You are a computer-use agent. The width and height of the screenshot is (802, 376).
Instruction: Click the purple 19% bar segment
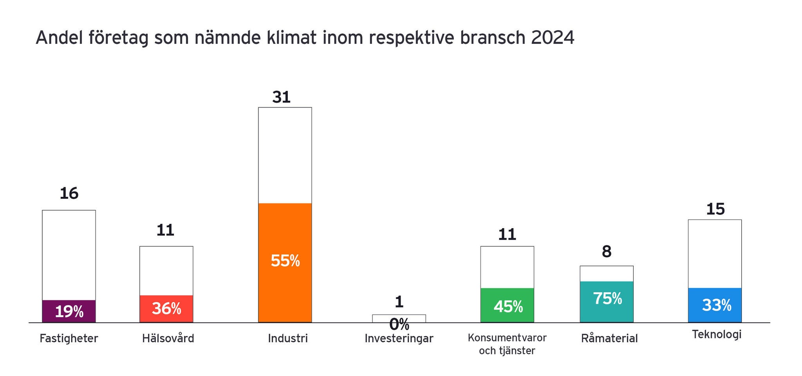(69, 311)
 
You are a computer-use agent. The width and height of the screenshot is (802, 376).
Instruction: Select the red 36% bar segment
(166, 309)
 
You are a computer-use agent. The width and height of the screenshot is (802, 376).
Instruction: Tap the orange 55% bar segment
(285, 263)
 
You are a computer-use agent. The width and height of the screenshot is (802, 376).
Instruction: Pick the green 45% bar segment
(507, 305)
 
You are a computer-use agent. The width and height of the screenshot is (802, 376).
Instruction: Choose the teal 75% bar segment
(607, 302)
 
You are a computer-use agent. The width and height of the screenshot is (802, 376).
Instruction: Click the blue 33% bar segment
(715, 305)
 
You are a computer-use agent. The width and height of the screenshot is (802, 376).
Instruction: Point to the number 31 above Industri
(282, 97)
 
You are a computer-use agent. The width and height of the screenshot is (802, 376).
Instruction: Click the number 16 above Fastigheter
(69, 194)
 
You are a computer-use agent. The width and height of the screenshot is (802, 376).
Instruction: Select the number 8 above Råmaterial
(607, 252)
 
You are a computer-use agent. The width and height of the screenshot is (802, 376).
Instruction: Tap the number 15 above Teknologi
(715, 209)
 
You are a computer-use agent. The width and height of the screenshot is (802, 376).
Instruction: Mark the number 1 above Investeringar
(399, 302)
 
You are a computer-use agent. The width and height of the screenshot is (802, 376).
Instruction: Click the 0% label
(399, 325)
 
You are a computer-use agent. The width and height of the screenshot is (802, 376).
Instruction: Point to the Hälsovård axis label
(168, 338)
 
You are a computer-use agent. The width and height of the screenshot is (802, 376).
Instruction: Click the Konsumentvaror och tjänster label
(507, 344)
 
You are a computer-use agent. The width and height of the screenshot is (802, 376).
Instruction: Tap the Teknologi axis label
(717, 335)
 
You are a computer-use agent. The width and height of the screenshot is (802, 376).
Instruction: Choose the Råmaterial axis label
(609, 338)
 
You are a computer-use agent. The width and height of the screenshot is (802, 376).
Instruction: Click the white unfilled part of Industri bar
(285, 155)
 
